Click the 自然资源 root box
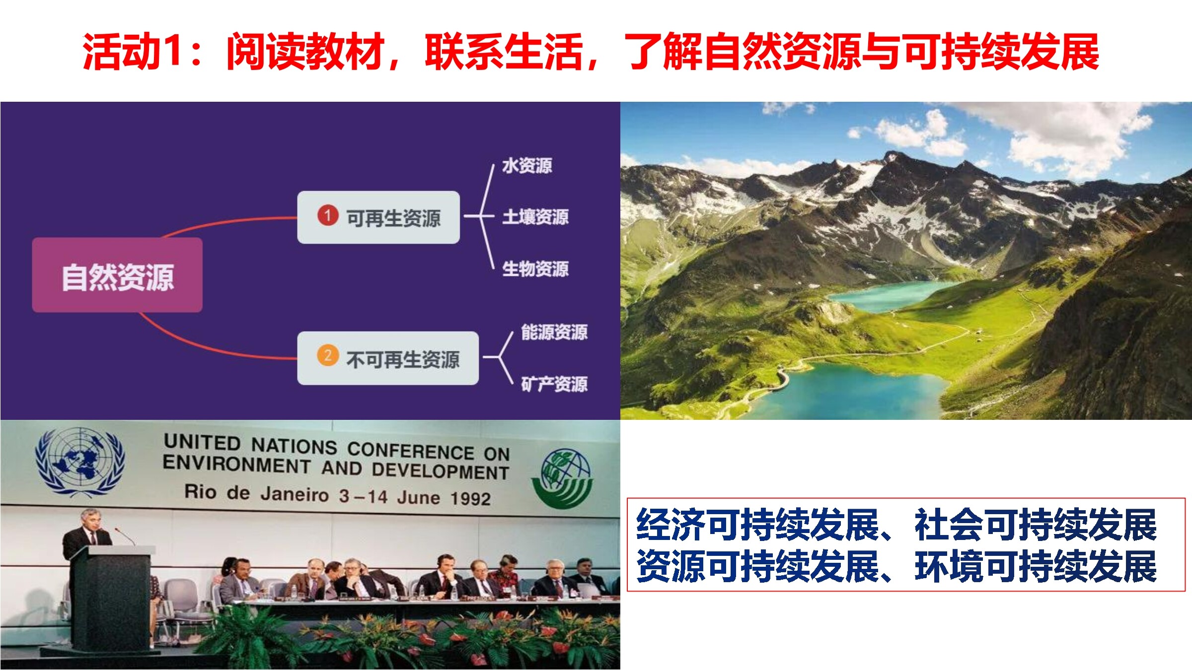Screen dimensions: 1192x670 tap(117, 275)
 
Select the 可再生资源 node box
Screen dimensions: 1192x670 tap(378, 217)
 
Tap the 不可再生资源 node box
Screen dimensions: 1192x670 tap(388, 358)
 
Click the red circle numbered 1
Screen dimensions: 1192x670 tap(328, 215)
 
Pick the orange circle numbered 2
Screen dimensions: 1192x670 tap(328, 355)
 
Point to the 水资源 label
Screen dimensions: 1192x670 tap(527, 165)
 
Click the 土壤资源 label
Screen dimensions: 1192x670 tap(535, 216)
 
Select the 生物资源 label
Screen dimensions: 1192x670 tap(535, 268)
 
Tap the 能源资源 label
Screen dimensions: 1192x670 tap(554, 332)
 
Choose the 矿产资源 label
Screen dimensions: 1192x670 tap(554, 384)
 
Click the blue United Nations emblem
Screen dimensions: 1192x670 tap(79, 462)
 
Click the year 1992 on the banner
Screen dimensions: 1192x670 tap(471, 498)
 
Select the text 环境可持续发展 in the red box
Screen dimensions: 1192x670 tap(1036, 566)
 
